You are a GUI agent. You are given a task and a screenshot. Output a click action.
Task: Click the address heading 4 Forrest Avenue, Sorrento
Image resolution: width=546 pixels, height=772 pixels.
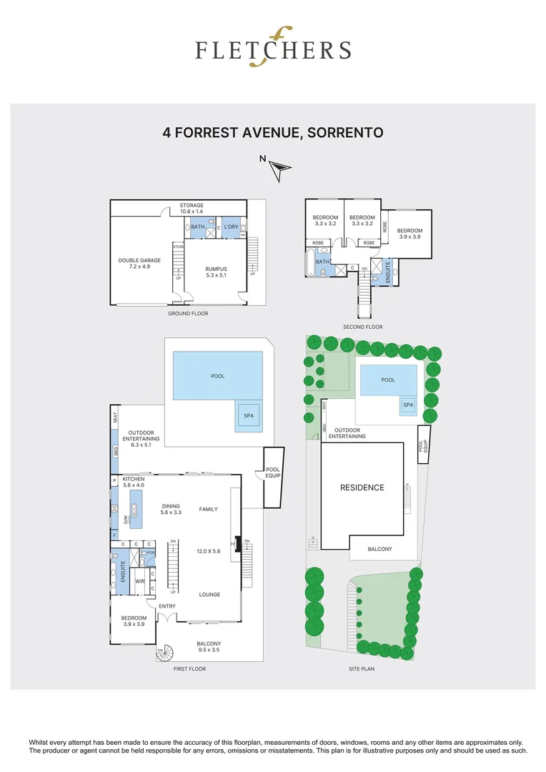273,133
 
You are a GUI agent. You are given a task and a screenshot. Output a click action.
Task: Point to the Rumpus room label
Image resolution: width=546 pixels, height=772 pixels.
215,272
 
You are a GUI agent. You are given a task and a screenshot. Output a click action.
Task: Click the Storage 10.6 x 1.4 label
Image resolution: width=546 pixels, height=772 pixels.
191,209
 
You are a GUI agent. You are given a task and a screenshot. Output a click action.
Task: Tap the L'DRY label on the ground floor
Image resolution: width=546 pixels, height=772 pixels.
231,227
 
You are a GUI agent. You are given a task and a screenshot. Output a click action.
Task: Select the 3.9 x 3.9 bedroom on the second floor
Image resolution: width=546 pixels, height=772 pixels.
410,234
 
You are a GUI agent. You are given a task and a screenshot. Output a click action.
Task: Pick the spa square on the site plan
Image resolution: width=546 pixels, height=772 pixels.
408,405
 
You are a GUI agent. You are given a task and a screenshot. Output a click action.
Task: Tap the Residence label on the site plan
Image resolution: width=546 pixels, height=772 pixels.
362,488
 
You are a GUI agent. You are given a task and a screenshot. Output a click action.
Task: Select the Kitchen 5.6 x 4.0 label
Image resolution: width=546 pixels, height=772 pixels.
134,482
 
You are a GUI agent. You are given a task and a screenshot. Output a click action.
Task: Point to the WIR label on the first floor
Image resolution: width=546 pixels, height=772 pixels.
141,581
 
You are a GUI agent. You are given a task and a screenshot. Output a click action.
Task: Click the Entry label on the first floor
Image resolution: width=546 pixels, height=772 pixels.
167,607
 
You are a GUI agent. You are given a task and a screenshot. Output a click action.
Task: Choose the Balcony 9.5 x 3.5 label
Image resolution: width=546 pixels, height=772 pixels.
209,648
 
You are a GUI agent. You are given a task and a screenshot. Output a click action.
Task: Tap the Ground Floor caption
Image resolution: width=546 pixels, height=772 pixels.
188,313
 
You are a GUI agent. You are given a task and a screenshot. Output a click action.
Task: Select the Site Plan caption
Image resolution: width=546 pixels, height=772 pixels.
362,669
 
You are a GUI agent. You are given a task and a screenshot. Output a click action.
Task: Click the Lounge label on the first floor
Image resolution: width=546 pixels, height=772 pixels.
209,595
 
